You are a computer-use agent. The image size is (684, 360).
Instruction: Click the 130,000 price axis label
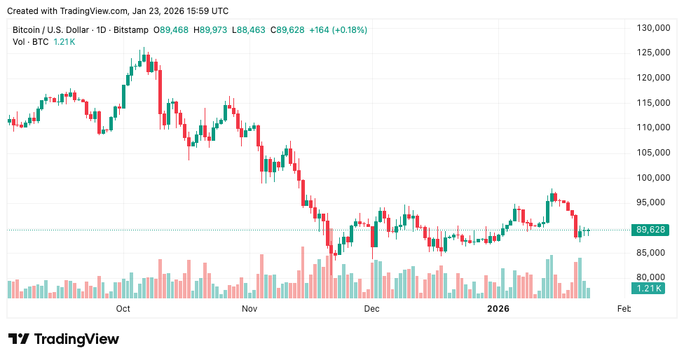(x=650, y=28)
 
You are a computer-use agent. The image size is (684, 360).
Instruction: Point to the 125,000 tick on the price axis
(x=650, y=53)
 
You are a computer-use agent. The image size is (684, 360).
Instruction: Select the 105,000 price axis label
(x=650, y=153)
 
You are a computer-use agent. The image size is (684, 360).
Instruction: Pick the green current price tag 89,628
(x=650, y=230)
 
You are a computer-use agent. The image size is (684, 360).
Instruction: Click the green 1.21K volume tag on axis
(x=647, y=288)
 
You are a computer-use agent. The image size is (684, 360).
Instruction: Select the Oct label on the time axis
(x=123, y=308)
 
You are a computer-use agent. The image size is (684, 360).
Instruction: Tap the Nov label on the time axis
(x=249, y=308)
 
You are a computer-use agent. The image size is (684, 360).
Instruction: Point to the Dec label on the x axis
(x=371, y=308)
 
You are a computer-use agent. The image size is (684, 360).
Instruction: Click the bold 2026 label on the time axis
(x=498, y=308)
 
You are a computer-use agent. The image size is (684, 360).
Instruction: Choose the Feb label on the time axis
(x=624, y=308)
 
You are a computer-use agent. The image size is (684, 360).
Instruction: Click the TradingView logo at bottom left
(x=64, y=339)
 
